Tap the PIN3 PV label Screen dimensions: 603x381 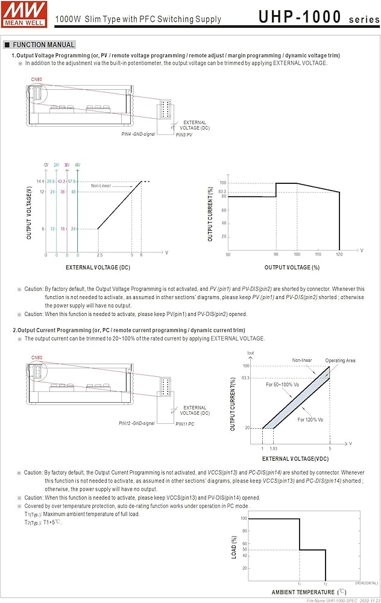183,135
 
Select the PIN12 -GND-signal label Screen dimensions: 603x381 137,423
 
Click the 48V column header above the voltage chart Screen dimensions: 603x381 77,165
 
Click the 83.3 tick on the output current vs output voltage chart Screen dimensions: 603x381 222,192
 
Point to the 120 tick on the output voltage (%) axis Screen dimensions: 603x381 339,254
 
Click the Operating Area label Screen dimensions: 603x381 341,361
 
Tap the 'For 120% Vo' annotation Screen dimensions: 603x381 310,419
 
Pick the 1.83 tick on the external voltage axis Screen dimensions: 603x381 274,449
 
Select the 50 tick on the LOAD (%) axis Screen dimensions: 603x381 244,549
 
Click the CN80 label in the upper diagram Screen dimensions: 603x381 37,79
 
